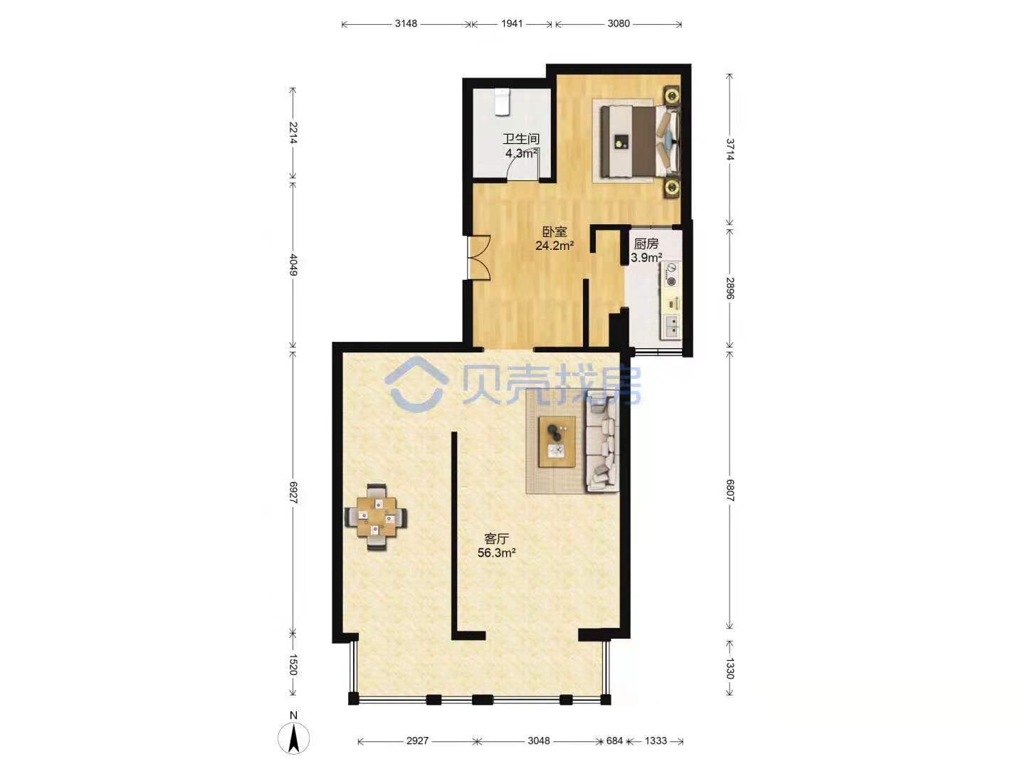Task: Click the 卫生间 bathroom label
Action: point(520,139)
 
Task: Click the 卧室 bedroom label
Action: point(554,231)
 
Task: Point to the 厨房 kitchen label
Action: point(646,244)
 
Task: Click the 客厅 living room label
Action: point(496,539)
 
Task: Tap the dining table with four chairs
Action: point(375,518)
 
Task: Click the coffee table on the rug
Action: point(557,441)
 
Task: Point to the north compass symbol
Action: point(293,738)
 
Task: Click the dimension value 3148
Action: point(406,23)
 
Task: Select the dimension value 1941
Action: point(512,23)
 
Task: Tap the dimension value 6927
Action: point(293,492)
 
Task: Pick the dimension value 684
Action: point(614,741)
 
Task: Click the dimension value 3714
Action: point(730,150)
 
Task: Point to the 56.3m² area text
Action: point(496,553)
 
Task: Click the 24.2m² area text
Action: point(554,246)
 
